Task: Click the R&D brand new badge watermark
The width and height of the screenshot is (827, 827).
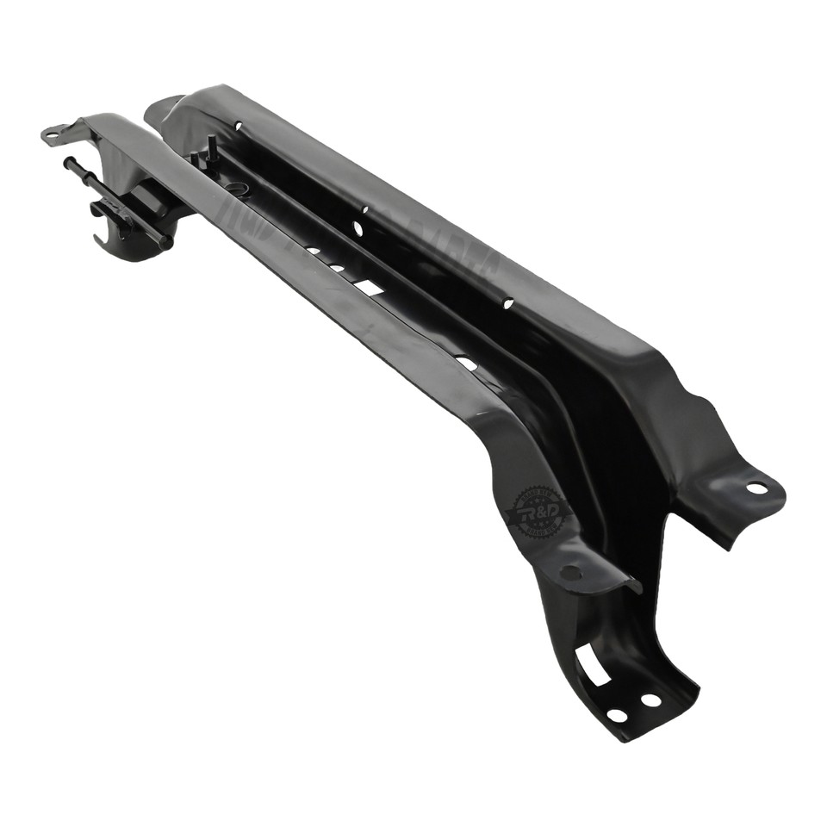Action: [x=540, y=511]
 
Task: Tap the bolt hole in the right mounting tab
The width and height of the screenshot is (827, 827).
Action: [x=755, y=488]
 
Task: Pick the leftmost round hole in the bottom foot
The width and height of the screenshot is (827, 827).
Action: [x=617, y=715]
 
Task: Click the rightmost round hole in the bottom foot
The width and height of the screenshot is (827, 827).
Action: [x=650, y=700]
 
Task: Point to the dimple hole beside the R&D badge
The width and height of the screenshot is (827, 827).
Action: [x=569, y=571]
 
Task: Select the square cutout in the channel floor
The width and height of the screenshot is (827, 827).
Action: [x=370, y=287]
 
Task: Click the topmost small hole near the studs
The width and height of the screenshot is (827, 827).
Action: [x=239, y=127]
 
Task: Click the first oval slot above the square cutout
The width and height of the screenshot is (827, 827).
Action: [x=337, y=268]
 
